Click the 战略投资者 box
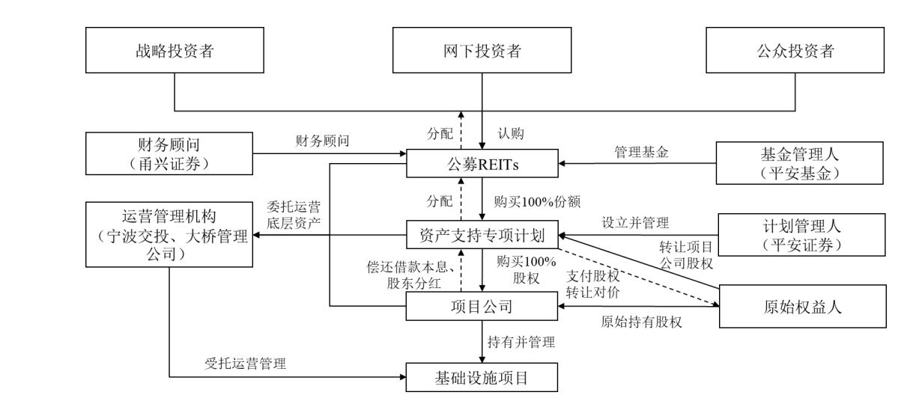174,52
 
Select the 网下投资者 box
482,52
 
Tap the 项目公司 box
482,307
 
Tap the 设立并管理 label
636,222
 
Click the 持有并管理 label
521,343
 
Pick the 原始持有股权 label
637,322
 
